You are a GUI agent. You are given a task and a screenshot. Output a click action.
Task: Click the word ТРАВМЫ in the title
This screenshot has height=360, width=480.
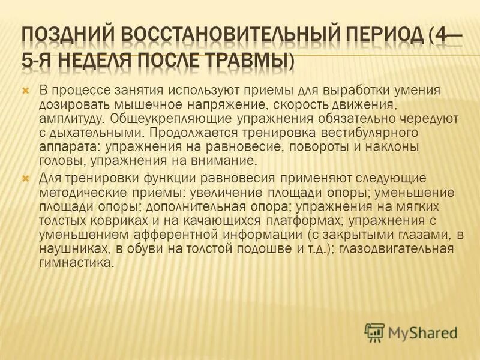point(245,61)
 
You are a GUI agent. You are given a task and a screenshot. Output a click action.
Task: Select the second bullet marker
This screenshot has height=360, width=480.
point(25,179)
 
